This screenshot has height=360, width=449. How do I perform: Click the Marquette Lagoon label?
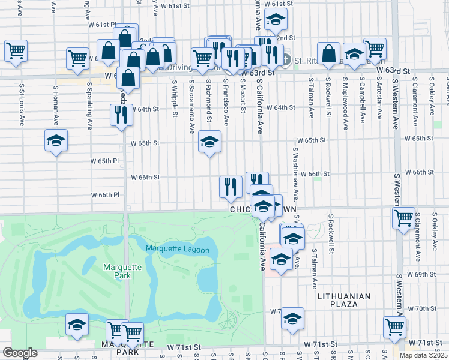[x=177, y=250]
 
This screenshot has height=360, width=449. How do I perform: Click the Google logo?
[x=20, y=353]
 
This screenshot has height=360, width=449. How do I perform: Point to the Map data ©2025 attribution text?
[x=423, y=355]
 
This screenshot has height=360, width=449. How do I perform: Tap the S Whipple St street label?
[x=174, y=98]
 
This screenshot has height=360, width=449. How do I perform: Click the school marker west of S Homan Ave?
[x=56, y=140]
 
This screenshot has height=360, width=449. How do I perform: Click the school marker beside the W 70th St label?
[x=292, y=318]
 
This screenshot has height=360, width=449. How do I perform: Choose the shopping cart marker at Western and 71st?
[x=394, y=327]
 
